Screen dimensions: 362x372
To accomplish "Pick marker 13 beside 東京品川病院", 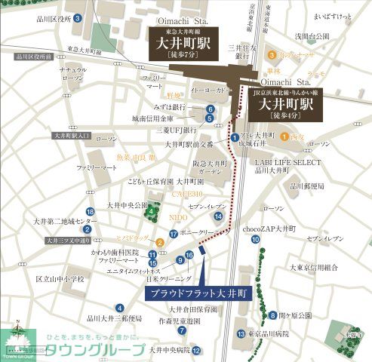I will point(240,333).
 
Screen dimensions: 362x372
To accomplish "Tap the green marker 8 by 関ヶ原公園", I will point(272,315).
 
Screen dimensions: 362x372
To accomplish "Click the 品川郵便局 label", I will point(306,186).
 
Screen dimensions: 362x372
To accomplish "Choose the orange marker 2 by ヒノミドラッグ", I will point(160,242).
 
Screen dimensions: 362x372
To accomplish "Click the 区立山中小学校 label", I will point(60,279).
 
